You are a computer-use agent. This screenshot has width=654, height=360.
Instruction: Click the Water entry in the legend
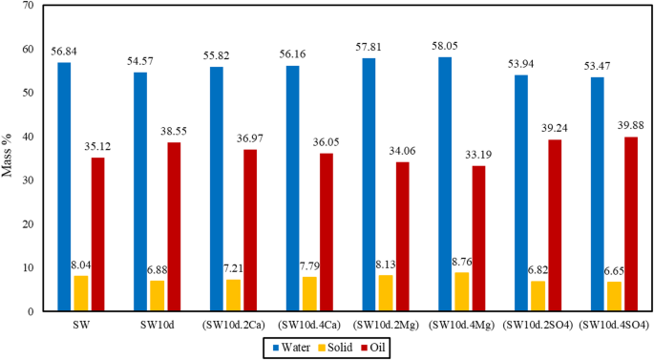coord(293,349)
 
